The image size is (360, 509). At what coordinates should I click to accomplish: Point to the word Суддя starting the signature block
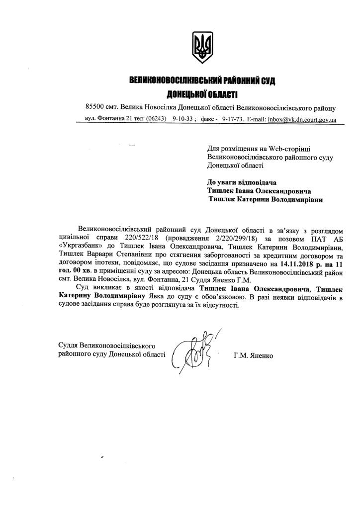tap(68, 345)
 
